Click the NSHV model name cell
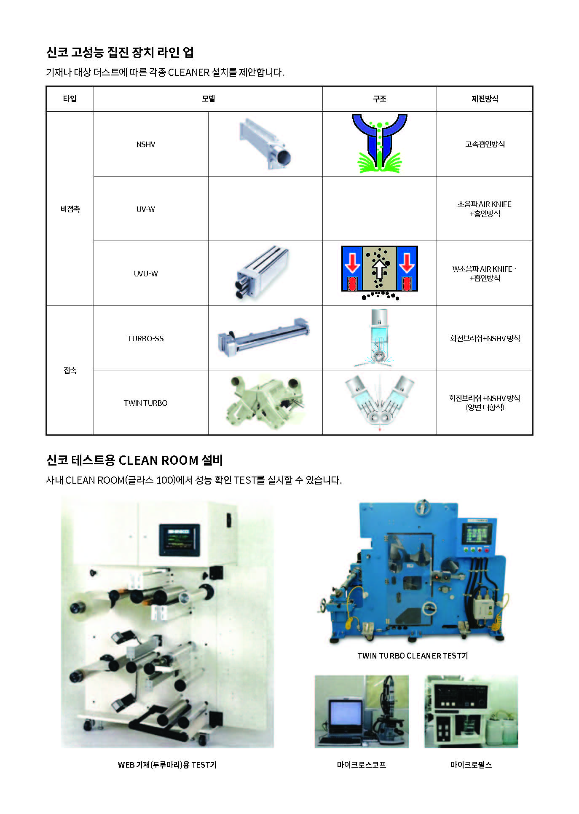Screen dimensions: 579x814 (x=146, y=145)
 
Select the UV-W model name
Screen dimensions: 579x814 (x=146, y=209)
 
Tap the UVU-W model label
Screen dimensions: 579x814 (x=146, y=274)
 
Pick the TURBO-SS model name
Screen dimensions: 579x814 (x=146, y=338)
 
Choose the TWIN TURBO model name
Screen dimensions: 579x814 (x=146, y=403)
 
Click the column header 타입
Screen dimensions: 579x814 (x=70, y=99)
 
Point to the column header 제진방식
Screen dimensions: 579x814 (x=485, y=99)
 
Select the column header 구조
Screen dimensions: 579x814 (x=380, y=99)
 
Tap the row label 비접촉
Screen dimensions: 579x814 (x=70, y=209)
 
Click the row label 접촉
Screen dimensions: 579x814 (x=70, y=370)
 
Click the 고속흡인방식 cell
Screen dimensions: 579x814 (x=485, y=144)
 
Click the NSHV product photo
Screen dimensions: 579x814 (x=265, y=144)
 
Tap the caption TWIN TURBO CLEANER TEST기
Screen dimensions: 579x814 (x=413, y=656)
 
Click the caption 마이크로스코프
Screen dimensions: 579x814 (x=362, y=765)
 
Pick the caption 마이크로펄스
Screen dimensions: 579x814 (x=471, y=765)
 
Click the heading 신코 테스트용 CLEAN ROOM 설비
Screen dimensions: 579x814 (x=135, y=460)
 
